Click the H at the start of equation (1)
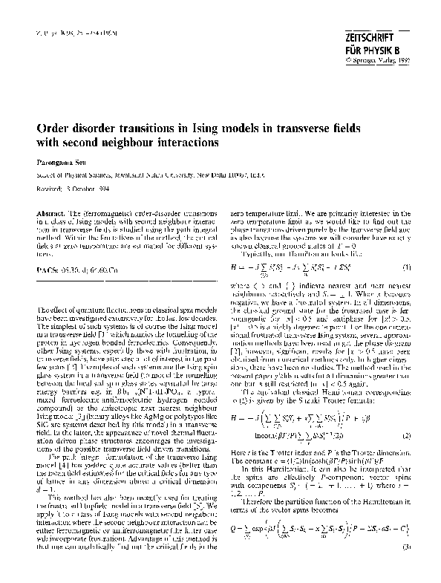tap(234, 287)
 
